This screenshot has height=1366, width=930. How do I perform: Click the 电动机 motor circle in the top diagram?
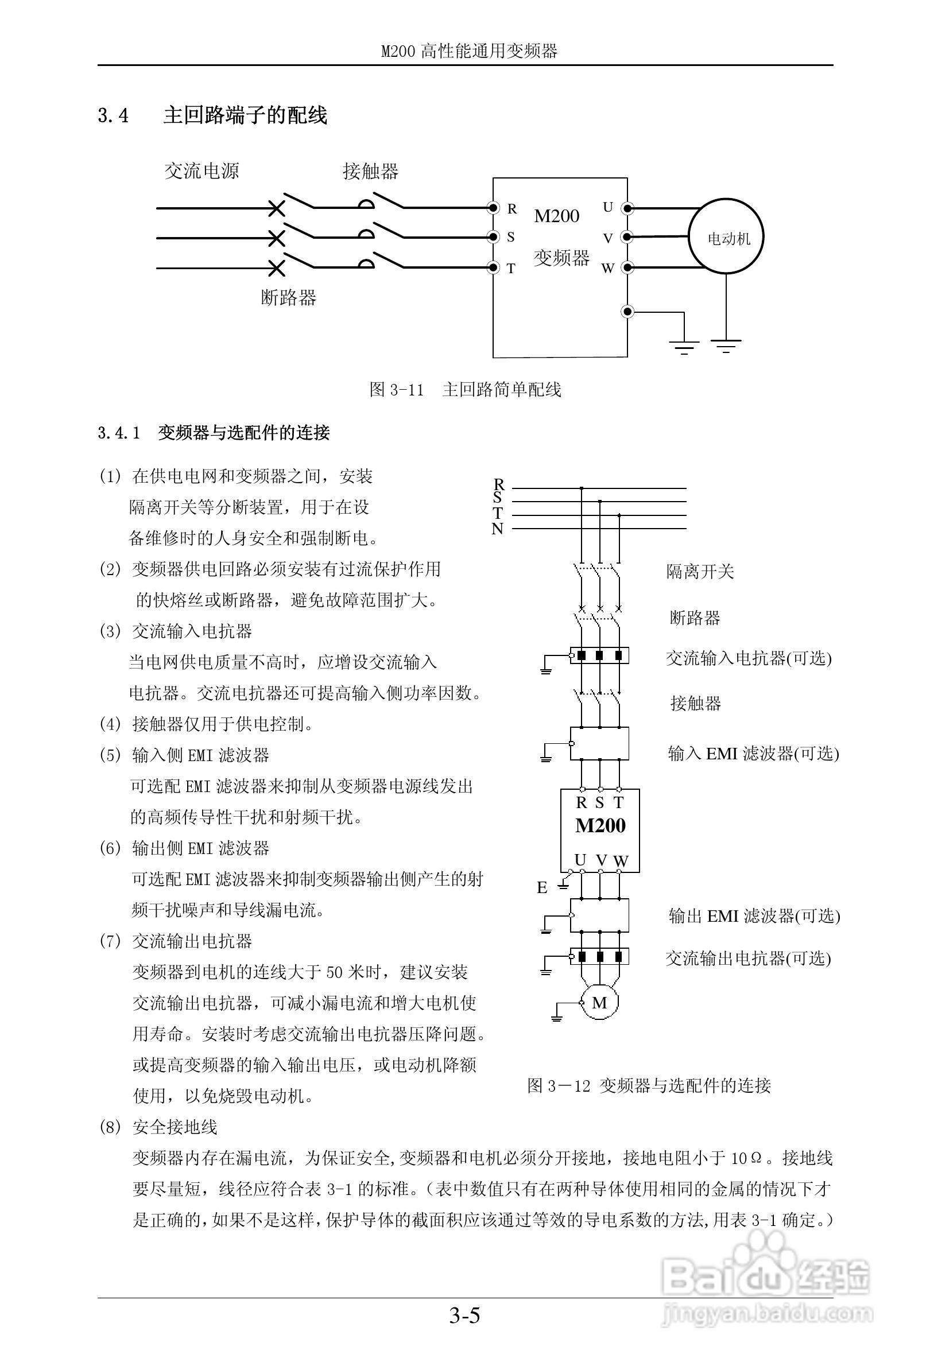[x=726, y=238]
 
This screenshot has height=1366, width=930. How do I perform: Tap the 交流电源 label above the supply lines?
[x=201, y=171]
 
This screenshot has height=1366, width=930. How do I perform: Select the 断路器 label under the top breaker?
[x=288, y=297]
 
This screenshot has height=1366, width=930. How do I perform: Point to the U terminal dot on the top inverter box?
[x=628, y=208]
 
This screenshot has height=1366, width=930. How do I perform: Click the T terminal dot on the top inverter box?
[x=493, y=267]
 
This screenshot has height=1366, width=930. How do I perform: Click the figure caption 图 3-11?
[x=465, y=389]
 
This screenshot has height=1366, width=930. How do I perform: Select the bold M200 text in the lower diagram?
[x=600, y=825]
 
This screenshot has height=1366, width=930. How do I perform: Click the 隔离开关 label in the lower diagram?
[x=700, y=571]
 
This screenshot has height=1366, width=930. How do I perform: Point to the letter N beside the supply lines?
[x=497, y=529]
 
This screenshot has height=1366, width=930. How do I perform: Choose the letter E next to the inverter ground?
[x=542, y=888]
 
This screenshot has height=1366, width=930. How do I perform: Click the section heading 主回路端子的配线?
[x=245, y=115]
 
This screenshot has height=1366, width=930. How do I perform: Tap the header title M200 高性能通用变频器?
[x=469, y=51]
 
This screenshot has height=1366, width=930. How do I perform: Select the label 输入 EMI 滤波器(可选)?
[x=753, y=754]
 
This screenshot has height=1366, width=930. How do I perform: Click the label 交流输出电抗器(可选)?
[x=748, y=958]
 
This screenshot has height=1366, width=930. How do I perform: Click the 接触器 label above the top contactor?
[x=370, y=172]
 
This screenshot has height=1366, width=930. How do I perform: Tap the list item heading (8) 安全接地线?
[x=158, y=1127]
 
